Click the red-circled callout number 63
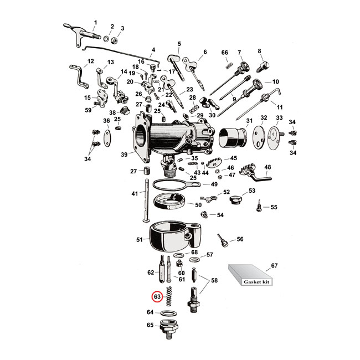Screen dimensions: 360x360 [157, 296]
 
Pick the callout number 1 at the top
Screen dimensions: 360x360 [95, 22]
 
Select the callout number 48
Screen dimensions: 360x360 [268, 167]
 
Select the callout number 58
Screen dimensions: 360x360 [214, 281]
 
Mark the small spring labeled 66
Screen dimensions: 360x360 [226, 65]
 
